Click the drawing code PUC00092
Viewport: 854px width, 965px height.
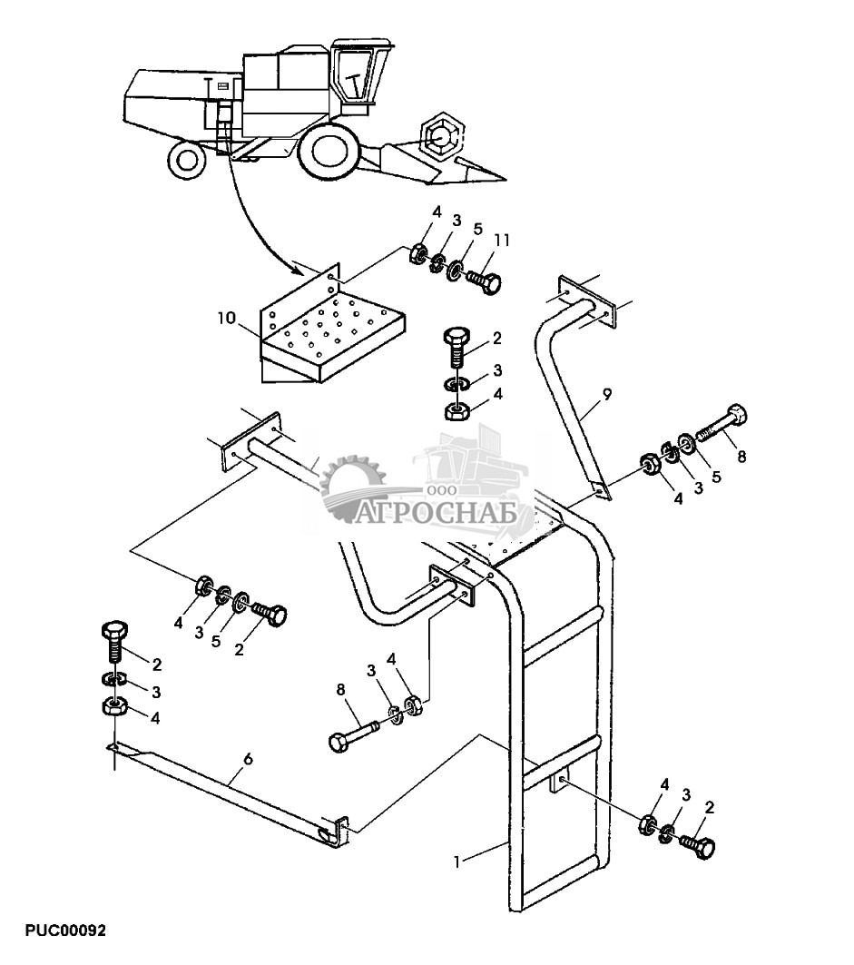[x=66, y=931]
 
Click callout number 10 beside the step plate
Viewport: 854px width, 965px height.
[x=226, y=319]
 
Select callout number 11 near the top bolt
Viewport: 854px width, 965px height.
[x=502, y=240]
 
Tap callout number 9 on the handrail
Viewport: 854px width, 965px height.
[x=607, y=395]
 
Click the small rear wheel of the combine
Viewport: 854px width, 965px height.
[x=188, y=160]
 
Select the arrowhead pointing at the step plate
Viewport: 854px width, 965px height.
[x=299, y=270]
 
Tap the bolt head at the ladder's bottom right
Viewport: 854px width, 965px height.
[x=703, y=847]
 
